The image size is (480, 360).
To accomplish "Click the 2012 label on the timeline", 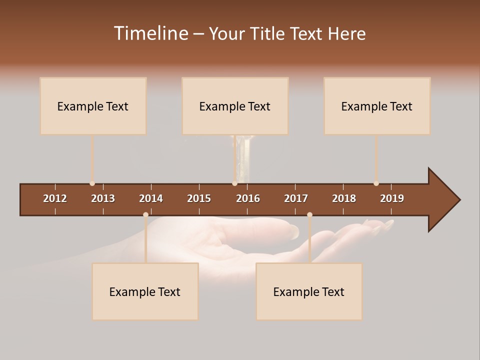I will pos(55,198).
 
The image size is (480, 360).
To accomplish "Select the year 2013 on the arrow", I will pos(103,198).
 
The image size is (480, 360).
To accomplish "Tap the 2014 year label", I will pos(151,198).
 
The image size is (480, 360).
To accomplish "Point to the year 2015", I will pos(199,198).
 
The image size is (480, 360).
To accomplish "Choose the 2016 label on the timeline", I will pos(248,198).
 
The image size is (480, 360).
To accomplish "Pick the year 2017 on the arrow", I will pos(296,198).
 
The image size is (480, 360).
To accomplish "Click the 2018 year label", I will pos(344,198).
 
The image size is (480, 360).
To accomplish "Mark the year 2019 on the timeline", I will pos(392,198).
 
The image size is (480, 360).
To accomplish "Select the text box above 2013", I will pos(93,106).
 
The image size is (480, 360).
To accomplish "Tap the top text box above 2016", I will pos(235,106).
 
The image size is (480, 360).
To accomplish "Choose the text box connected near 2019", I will pos(377,106).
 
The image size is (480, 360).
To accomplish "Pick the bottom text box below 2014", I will pos(145,291).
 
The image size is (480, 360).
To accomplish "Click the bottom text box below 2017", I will pos(309,291).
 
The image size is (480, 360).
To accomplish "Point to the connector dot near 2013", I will pos(92,183).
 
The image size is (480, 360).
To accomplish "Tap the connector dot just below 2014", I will pos(145,214).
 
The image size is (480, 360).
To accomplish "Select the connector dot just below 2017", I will pos(309,214).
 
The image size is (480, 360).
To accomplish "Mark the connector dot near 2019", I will pos(376,183).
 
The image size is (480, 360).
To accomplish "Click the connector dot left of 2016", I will pos(234,183).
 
